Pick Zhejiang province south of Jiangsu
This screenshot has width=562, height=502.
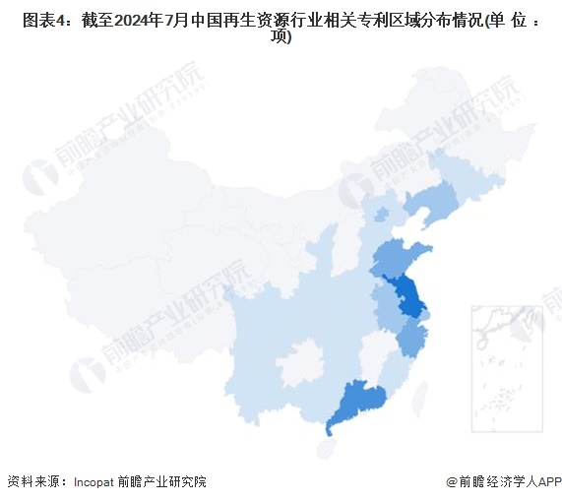point(410,339)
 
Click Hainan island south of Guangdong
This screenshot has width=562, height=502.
point(325,448)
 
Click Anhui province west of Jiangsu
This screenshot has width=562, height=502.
point(383,310)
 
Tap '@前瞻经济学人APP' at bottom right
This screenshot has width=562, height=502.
point(503,482)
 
